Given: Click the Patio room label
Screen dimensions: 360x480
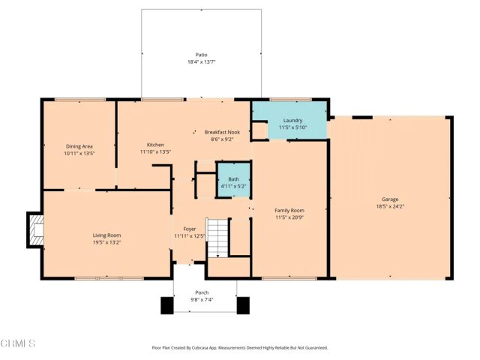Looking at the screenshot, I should click(x=201, y=55).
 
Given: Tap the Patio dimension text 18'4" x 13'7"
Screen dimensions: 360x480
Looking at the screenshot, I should click(x=201, y=62).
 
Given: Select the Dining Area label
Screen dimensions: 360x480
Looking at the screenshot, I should click(x=79, y=145).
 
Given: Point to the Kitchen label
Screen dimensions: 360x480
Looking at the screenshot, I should click(x=155, y=144).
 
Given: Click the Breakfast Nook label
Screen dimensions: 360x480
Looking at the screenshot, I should click(x=223, y=131).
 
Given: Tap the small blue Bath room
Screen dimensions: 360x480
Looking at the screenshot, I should click(x=233, y=181).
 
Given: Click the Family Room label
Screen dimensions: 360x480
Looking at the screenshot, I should click(x=289, y=211).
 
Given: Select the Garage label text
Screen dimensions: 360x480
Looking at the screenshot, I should click(x=390, y=199).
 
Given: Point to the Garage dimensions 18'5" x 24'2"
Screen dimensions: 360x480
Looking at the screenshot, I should click(x=390, y=206).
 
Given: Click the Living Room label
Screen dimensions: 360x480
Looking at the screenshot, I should click(x=106, y=235).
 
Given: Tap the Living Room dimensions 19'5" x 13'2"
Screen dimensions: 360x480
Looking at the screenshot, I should click(x=106, y=242).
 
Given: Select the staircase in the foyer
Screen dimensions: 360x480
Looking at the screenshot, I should click(x=217, y=238).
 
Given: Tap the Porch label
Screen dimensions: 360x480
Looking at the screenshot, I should click(x=202, y=292).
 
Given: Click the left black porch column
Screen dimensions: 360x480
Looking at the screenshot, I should click(x=166, y=306).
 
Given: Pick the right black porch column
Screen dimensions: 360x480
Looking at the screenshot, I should click(x=243, y=306).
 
